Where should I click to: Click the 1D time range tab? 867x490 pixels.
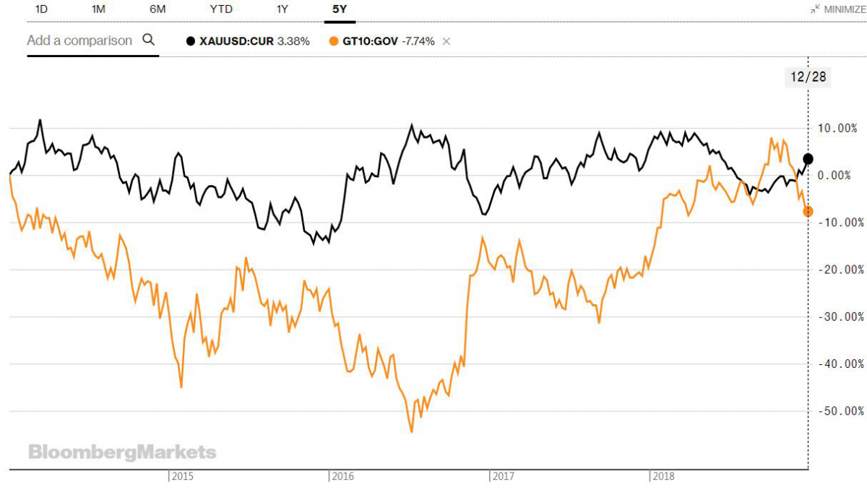(42, 9)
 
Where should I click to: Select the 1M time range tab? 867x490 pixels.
(98, 9)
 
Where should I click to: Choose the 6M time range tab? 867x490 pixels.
(157, 9)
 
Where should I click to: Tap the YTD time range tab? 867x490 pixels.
(221, 9)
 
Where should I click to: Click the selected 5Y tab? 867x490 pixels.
(340, 9)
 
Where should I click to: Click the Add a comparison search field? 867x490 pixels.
(79, 40)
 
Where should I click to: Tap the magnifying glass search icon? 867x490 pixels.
(149, 40)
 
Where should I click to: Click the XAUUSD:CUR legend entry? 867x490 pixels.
(248, 41)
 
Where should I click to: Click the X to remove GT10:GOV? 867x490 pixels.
(447, 41)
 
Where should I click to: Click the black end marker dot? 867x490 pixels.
(808, 159)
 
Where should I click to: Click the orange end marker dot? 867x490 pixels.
(808, 211)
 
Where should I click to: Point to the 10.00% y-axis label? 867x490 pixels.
(840, 128)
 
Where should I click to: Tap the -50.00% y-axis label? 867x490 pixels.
(839, 411)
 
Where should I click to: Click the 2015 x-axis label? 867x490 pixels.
(181, 476)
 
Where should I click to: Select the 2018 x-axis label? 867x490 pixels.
(663, 476)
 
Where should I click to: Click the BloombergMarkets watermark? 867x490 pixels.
(122, 452)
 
